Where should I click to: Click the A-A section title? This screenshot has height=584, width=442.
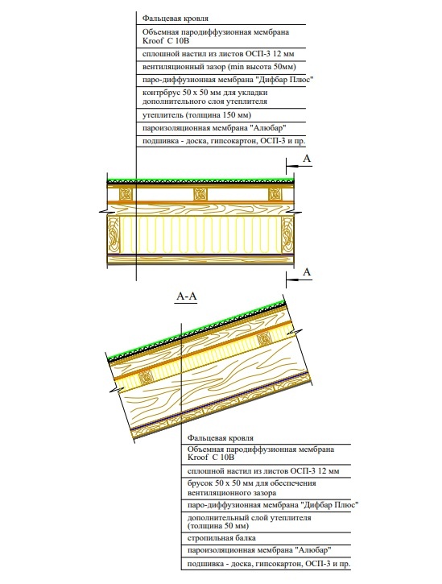point(187,297)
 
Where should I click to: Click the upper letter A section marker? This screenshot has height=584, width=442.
point(307,161)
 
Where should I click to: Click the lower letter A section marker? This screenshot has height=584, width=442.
point(307,273)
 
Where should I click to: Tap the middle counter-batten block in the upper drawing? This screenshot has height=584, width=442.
point(199,194)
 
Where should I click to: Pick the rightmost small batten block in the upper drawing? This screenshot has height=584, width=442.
point(275,194)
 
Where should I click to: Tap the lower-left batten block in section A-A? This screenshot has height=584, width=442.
point(146,376)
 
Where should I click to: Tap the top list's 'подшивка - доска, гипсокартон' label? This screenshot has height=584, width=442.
point(223,141)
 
